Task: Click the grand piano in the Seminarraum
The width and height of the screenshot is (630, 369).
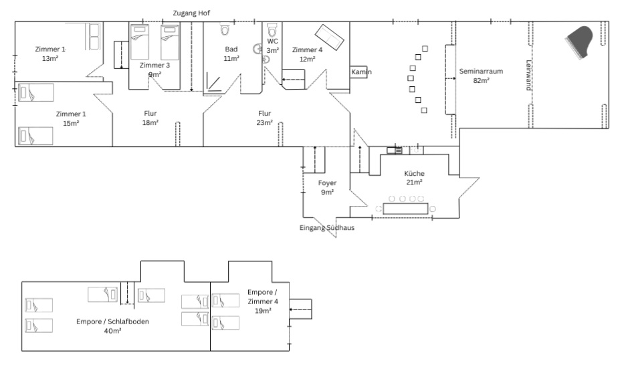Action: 580,42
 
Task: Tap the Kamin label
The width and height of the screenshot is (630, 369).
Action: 361,72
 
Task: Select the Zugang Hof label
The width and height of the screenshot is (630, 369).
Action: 192,13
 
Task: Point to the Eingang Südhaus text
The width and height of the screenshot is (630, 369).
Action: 326,228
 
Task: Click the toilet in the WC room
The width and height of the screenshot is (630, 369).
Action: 272,31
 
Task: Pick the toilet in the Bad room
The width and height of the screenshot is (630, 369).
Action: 225,30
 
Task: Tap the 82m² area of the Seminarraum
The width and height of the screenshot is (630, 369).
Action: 481,80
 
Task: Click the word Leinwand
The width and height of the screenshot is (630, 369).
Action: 529,76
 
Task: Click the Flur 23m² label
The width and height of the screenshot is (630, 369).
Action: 265,118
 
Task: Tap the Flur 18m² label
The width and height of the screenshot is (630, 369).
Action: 150,118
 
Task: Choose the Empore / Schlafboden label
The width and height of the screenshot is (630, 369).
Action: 112,326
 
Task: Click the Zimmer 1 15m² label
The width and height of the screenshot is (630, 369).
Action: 71,118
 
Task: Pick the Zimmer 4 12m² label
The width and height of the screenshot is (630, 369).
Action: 307,54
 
